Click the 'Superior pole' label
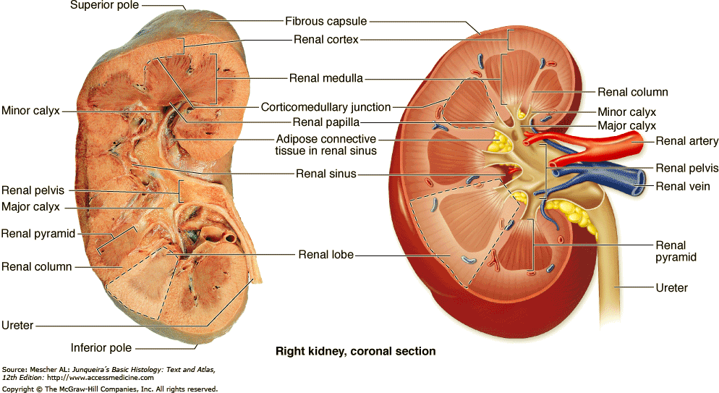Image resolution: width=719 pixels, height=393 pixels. tap(105, 6)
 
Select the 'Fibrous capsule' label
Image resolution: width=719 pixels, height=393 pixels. tap(326, 22)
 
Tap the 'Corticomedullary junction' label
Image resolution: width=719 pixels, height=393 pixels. tap(326, 107)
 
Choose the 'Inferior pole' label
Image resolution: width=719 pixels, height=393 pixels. tap(101, 347)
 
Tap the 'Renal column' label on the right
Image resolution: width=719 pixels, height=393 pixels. tap(633, 92)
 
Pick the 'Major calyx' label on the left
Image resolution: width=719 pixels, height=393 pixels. tap(30, 207)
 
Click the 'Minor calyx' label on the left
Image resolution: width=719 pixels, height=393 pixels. tap(30, 111)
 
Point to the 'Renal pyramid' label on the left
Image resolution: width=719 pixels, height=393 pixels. tap(38, 233)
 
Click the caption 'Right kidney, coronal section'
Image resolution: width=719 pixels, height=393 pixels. tap(356, 352)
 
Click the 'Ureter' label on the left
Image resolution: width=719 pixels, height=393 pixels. tap(17, 325)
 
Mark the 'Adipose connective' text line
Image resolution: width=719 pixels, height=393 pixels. tap(326, 139)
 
